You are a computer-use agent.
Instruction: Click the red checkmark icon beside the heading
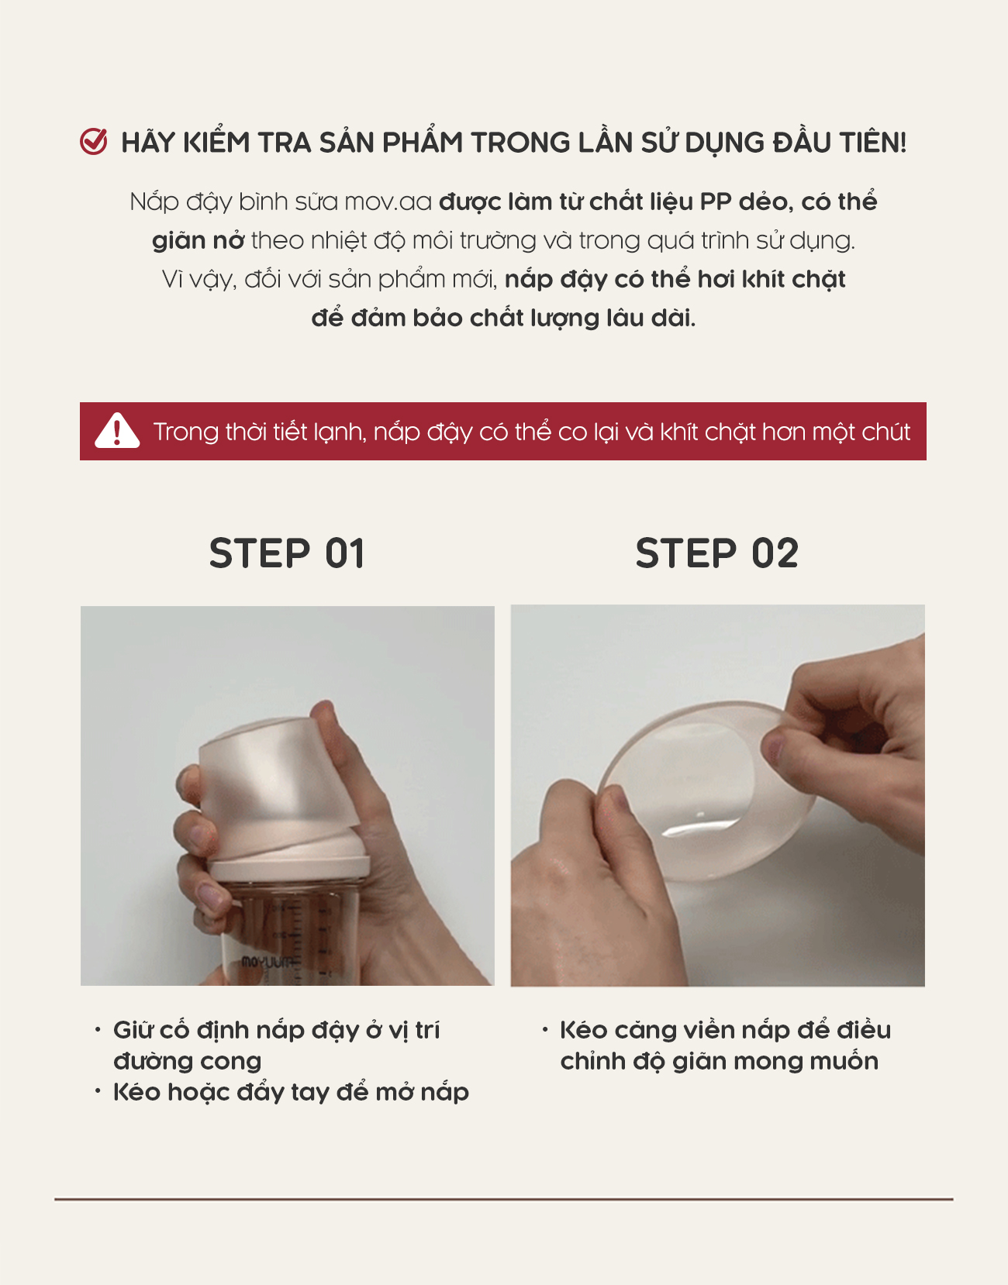click(x=94, y=142)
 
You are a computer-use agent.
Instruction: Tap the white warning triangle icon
click(x=117, y=430)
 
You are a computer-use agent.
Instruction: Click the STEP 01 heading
click(x=287, y=553)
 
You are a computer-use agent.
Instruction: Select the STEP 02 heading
click(x=717, y=553)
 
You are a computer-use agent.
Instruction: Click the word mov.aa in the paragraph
click(x=388, y=202)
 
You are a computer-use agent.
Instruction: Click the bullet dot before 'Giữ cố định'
click(x=98, y=1030)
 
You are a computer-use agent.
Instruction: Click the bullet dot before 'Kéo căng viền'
click(x=545, y=1030)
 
